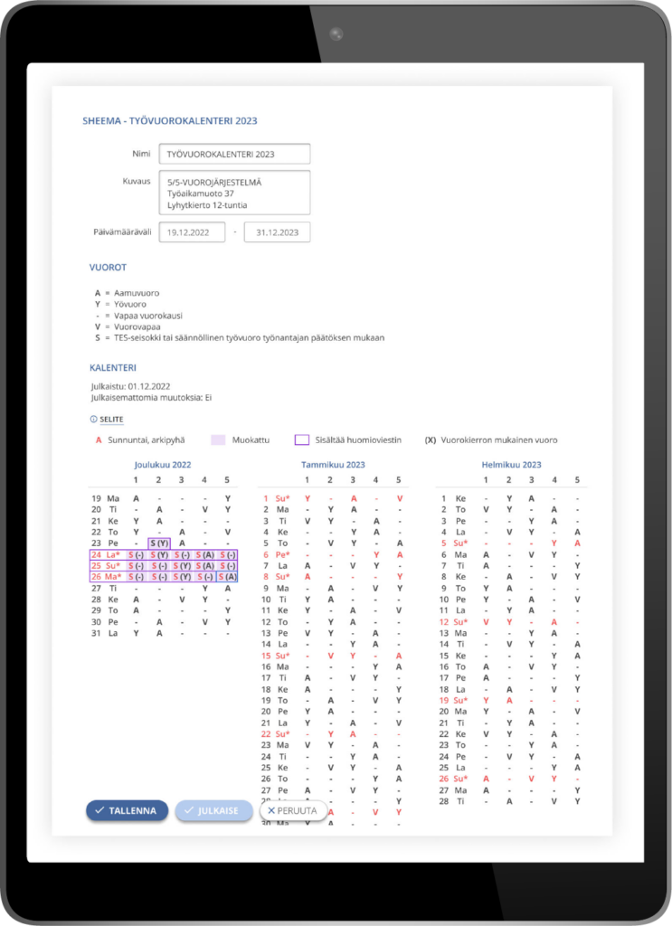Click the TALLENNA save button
(x=128, y=811)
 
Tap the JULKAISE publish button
(x=213, y=811)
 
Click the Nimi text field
(x=233, y=154)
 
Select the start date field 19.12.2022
(x=192, y=232)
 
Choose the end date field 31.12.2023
(x=277, y=232)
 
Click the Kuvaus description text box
(x=233, y=193)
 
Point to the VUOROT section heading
(x=108, y=269)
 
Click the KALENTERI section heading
(x=113, y=368)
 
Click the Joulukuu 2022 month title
(x=163, y=465)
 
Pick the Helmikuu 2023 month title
(x=511, y=465)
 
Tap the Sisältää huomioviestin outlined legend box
(x=302, y=440)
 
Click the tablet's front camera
(x=336, y=33)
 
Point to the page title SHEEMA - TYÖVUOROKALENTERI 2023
(x=170, y=121)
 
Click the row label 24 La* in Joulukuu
(x=106, y=554)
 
